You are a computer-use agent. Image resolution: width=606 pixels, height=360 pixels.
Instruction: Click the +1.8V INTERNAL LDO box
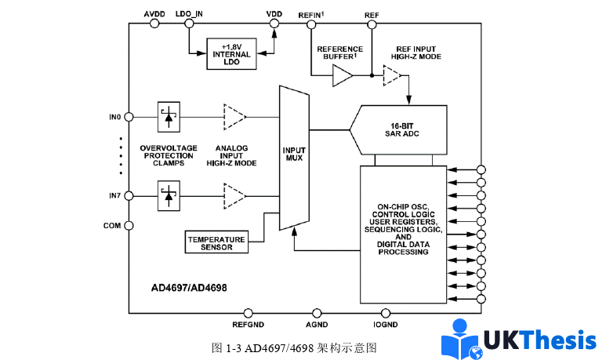(x=232, y=53)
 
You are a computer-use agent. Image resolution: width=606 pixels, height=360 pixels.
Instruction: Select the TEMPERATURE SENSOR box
(x=216, y=242)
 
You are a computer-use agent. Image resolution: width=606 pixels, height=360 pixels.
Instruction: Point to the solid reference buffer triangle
(x=343, y=76)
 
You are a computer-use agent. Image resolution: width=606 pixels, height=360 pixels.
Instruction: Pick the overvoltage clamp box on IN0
(x=168, y=117)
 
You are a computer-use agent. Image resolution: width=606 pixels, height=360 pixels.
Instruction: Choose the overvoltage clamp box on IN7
(x=168, y=195)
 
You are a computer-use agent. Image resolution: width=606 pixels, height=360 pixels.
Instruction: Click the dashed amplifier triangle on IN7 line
(x=234, y=195)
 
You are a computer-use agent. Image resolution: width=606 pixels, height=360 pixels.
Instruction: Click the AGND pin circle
(x=318, y=313)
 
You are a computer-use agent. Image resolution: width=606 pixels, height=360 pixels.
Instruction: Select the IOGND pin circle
(x=385, y=313)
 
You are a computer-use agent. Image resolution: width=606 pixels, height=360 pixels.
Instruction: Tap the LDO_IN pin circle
(x=190, y=24)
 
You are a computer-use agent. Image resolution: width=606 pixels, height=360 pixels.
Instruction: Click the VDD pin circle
(x=274, y=24)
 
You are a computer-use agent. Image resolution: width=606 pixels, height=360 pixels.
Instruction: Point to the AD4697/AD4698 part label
(x=190, y=287)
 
